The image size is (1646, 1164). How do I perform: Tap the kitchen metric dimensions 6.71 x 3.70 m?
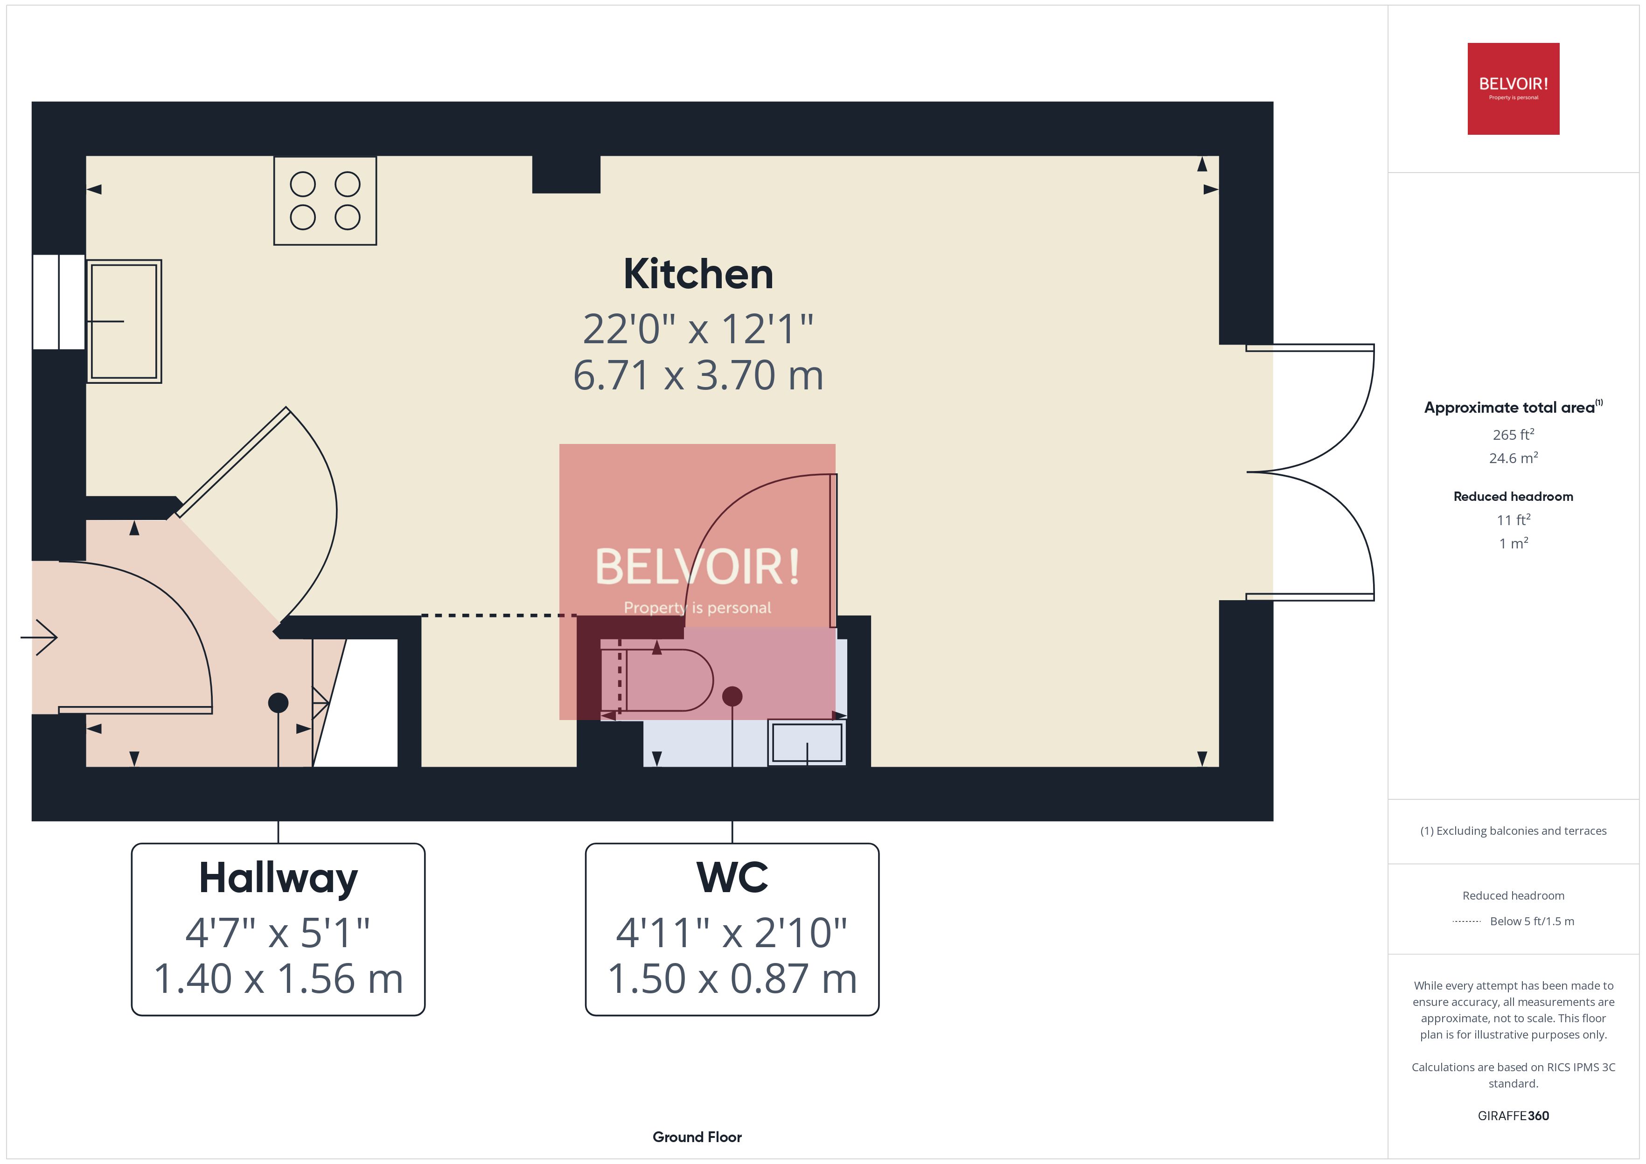[x=698, y=375]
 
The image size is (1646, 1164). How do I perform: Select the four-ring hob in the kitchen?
[x=325, y=201]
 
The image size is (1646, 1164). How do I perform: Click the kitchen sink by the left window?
[x=124, y=321]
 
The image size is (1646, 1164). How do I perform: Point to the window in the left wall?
[x=59, y=302]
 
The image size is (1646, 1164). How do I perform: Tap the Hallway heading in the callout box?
[x=278, y=878]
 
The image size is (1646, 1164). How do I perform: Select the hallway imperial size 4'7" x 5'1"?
[x=278, y=933]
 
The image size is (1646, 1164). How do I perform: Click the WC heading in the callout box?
[x=732, y=877]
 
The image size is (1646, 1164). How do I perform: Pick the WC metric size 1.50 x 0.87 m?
[x=732, y=978]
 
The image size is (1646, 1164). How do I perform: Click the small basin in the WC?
[x=807, y=742]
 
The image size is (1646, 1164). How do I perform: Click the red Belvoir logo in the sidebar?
[x=1513, y=89]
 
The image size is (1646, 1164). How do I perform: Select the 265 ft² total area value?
[x=1513, y=434]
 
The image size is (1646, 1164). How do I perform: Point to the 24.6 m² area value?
[x=1513, y=457]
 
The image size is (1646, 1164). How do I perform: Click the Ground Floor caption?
[x=697, y=1137]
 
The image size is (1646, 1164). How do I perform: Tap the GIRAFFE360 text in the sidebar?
[x=1513, y=1115]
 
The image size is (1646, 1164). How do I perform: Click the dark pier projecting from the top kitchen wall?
[x=565, y=174]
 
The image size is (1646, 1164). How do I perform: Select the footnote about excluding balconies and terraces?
[x=1513, y=831]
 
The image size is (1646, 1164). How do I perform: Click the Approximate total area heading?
[x=1513, y=407]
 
